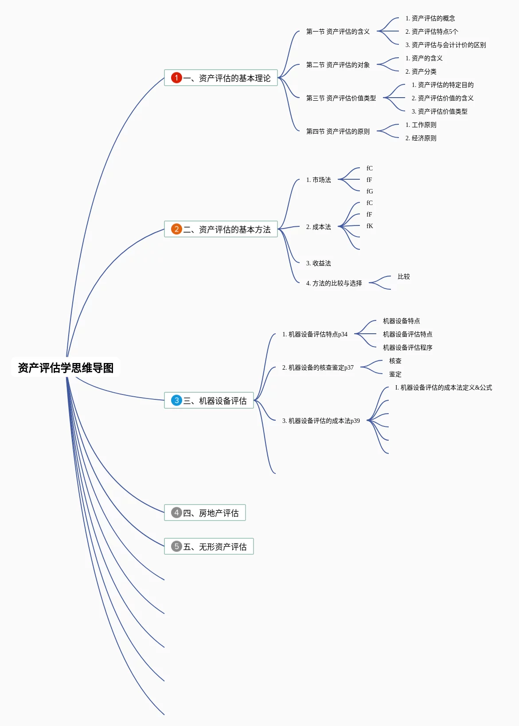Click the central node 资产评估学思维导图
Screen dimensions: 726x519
tap(66, 367)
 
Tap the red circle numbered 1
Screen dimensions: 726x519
tap(176, 78)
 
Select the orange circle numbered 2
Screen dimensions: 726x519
tap(176, 229)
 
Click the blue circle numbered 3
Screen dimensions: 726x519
tap(176, 400)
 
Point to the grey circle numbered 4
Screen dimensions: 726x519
tap(176, 513)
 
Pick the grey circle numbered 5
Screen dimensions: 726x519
tap(176, 546)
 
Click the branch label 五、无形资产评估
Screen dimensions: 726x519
tap(215, 547)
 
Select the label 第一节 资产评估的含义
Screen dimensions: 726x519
tap(338, 32)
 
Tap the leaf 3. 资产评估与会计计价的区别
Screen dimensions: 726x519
tap(445, 45)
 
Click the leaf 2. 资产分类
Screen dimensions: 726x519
tap(421, 71)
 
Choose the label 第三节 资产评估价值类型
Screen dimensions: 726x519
tap(341, 98)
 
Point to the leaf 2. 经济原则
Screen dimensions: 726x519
tap(421, 138)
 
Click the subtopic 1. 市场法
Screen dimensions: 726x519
tap(318, 180)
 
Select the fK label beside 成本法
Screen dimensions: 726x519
tap(370, 226)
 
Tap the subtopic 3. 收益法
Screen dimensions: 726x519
tap(318, 263)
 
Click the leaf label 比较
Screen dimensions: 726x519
tap(403, 276)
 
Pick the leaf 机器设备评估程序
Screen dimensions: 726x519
tap(407, 347)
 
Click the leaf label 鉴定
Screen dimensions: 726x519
tap(395, 374)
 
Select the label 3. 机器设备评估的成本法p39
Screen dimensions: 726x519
tap(321, 421)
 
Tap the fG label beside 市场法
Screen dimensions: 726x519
tap(370, 191)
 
